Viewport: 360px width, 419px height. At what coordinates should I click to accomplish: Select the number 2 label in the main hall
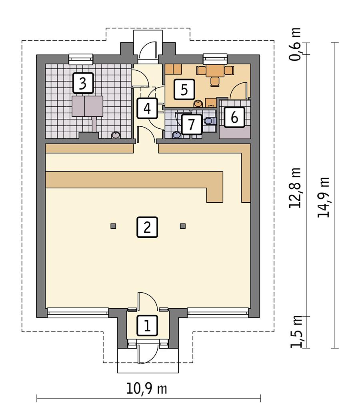point(147,227)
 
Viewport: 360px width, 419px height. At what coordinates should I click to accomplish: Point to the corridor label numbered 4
point(147,108)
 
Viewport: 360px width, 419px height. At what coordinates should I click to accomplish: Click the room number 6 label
point(234,117)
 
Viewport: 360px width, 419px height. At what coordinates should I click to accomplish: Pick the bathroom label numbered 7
point(191,124)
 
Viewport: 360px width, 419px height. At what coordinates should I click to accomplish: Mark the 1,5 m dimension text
point(296,332)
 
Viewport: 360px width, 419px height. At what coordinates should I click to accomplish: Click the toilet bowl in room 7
point(208,121)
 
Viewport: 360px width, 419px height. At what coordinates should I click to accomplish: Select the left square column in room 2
point(113,226)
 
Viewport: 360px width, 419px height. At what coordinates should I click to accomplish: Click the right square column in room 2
point(183,226)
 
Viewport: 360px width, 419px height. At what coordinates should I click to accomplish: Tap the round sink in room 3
point(116,135)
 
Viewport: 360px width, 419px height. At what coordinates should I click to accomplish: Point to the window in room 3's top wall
point(81,59)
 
